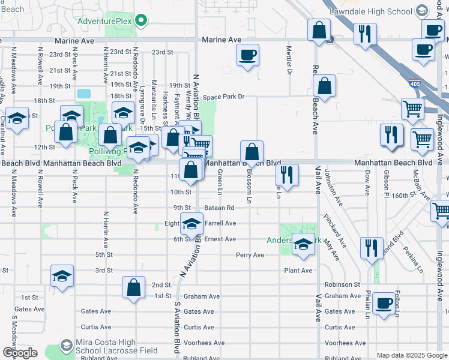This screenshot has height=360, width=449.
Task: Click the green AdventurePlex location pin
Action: tap(141, 21)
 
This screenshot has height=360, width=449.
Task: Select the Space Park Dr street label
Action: tap(224, 97)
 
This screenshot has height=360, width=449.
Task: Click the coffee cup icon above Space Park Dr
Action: tap(247, 56)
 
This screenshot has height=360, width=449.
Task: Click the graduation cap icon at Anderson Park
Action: tap(303, 245)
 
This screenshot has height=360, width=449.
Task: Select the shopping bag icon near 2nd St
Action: tap(134, 287)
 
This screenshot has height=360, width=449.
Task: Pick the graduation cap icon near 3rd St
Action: tap(62, 275)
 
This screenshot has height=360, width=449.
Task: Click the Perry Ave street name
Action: tap(250, 255)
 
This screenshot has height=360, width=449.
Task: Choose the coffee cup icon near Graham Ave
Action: tap(384, 304)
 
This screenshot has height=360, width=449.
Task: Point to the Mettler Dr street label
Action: tap(289, 61)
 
